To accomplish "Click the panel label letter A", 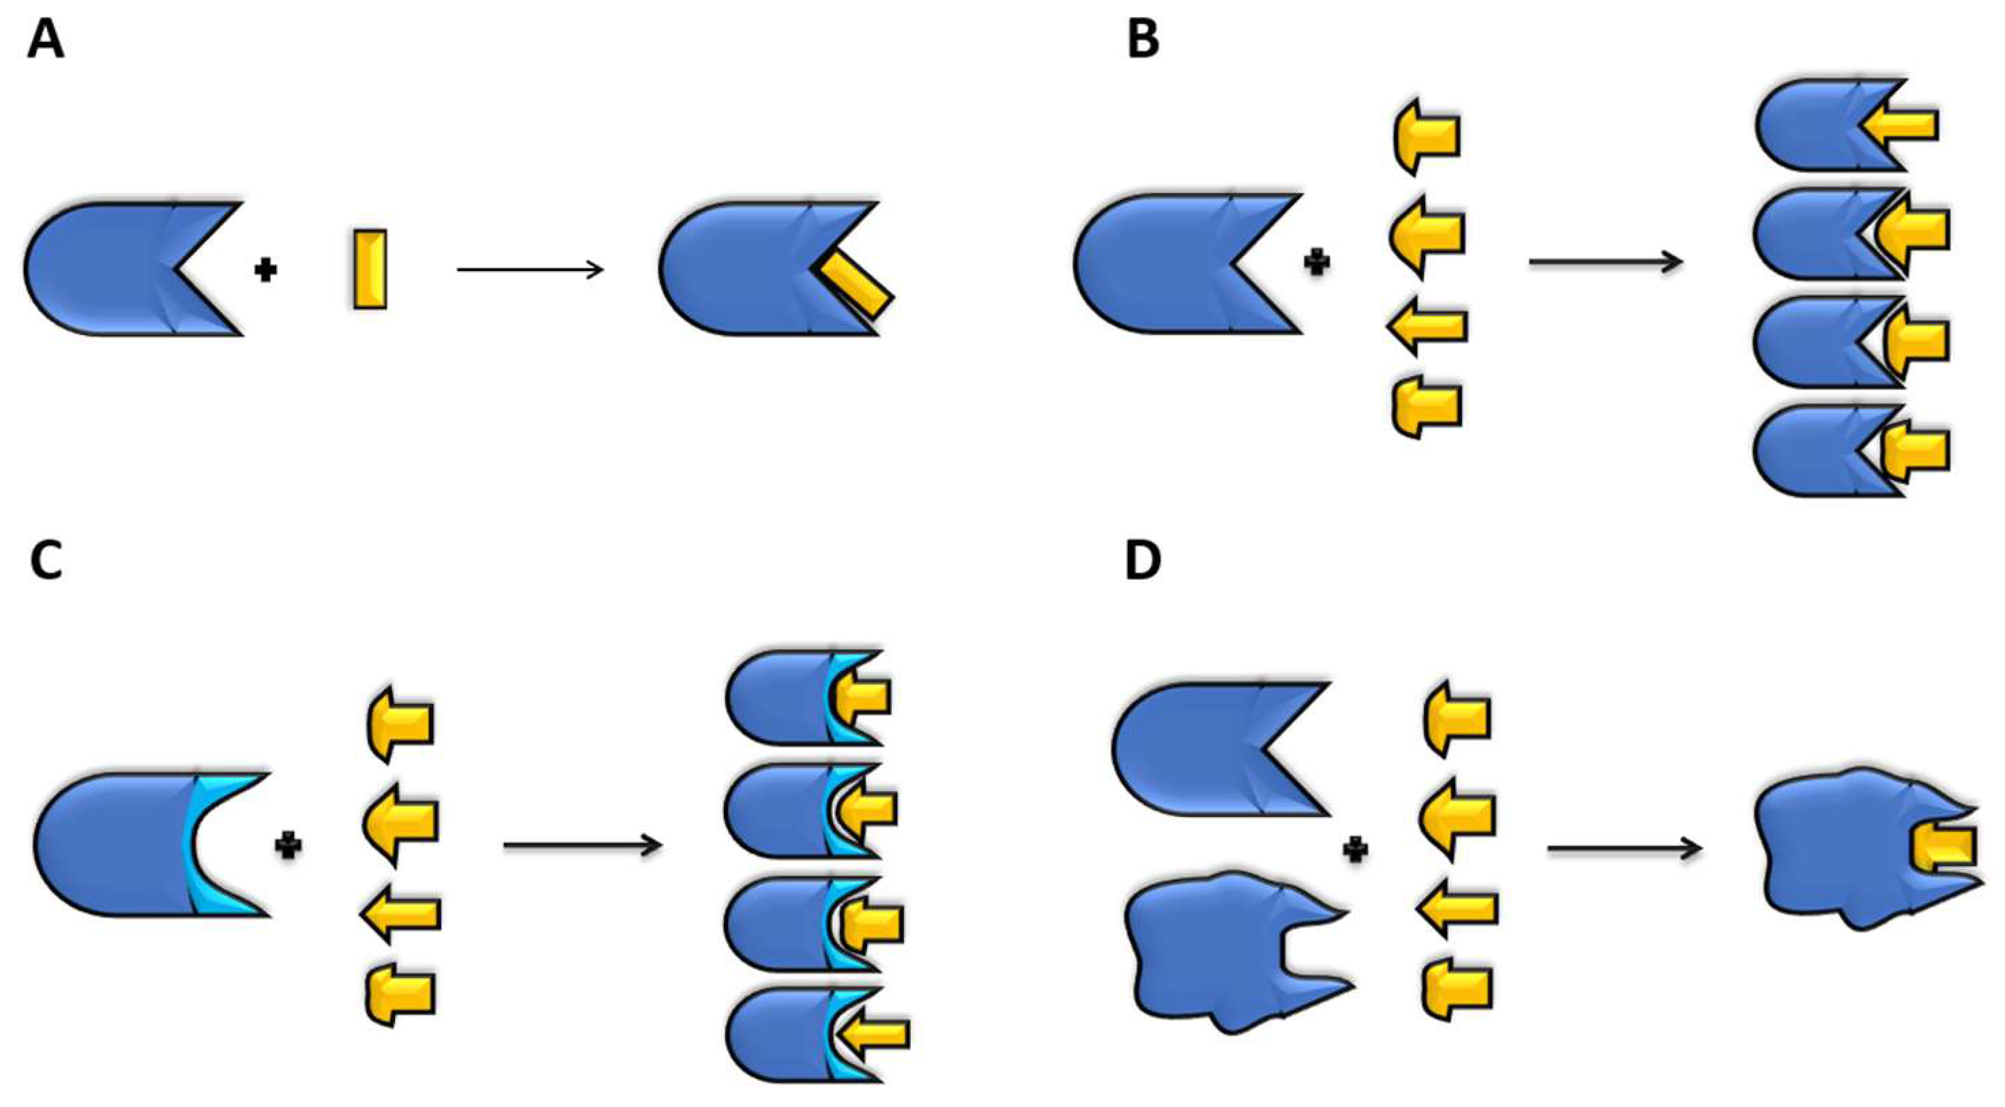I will [45, 40].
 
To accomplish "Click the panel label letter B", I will [1143, 40].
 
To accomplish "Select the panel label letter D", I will [1143, 560].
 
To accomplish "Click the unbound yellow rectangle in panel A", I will [370, 270].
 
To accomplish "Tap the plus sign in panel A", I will [266, 270].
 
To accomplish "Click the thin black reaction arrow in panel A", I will [529, 270].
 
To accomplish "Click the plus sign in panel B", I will [1316, 262].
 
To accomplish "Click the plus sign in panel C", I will [289, 846].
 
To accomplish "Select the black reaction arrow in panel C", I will [582, 846].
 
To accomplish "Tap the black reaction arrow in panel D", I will [1624, 848].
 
